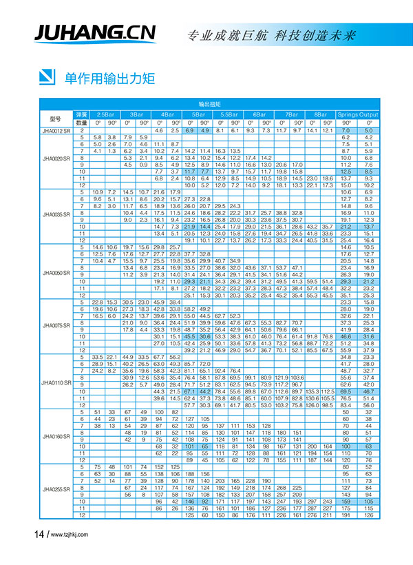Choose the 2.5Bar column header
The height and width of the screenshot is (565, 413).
pos(105,113)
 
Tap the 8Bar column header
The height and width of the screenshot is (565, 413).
pos(320,113)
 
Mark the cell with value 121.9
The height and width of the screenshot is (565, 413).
pos(282,377)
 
